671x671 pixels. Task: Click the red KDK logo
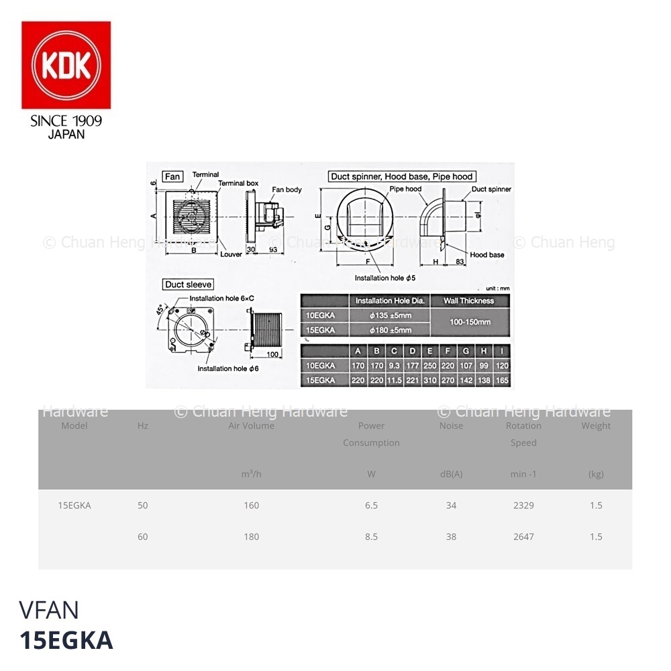click(x=66, y=64)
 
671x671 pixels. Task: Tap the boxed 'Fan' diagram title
click(x=172, y=176)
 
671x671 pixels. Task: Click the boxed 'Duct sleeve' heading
click(x=188, y=285)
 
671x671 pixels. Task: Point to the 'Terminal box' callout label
click(x=238, y=183)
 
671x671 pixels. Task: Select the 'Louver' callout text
click(x=231, y=254)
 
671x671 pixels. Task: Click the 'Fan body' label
click(x=287, y=190)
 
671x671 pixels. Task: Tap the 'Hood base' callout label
click(x=487, y=255)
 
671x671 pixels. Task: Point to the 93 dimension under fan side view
click(x=273, y=250)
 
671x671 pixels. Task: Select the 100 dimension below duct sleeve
click(x=272, y=354)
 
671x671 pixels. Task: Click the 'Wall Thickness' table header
click(x=468, y=301)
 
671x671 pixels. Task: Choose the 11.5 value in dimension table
click(x=394, y=380)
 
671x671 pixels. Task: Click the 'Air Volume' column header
click(x=251, y=425)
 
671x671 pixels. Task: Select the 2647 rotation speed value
click(x=523, y=536)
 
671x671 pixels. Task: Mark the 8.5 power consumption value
click(x=371, y=536)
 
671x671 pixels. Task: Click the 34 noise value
click(x=451, y=505)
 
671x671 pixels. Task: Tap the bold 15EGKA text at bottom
click(x=66, y=641)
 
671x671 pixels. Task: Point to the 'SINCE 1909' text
click(x=66, y=121)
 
